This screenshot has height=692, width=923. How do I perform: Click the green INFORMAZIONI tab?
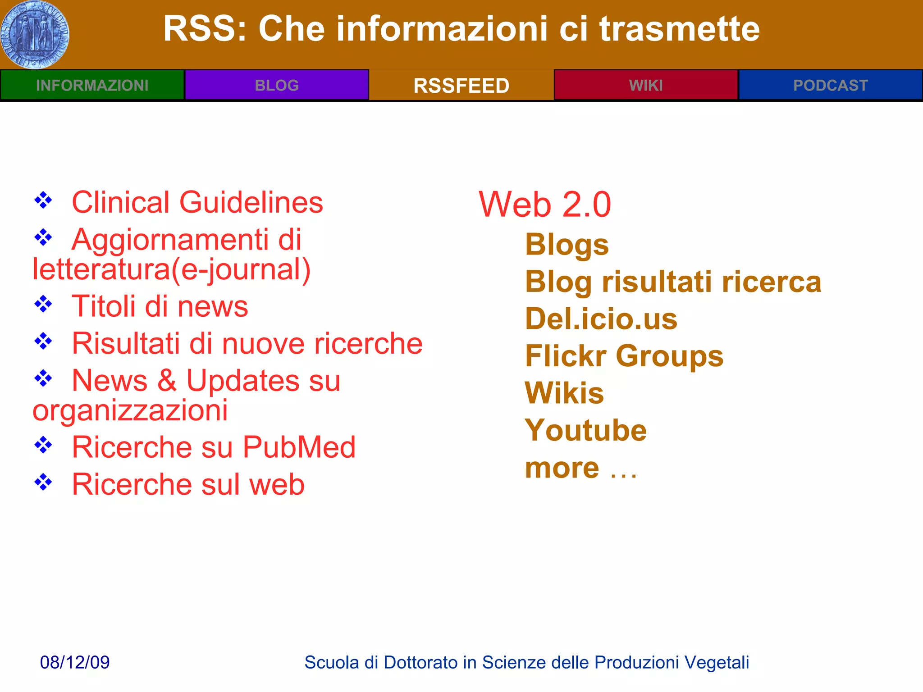point(92,85)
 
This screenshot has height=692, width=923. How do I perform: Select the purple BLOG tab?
point(277,85)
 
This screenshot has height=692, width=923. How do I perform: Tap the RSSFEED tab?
point(461,86)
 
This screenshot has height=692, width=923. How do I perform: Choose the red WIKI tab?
point(646,85)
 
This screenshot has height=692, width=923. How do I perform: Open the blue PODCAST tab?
point(830,85)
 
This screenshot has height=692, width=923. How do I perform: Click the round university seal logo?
point(35,35)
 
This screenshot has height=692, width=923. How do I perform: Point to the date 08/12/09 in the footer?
point(75,662)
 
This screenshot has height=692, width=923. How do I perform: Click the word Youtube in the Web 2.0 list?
point(586,430)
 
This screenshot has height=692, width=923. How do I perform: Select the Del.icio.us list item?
point(601,319)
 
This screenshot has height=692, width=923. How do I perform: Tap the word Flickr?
point(566,356)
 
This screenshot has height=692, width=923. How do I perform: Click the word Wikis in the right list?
point(564,393)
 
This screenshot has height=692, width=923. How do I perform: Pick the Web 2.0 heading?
point(544,205)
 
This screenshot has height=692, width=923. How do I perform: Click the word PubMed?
point(299,447)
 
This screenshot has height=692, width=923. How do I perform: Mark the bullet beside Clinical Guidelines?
point(43,200)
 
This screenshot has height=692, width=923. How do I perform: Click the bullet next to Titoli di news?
point(43,304)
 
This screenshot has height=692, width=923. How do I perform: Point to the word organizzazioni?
point(130,410)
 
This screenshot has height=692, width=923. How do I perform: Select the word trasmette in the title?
point(679,29)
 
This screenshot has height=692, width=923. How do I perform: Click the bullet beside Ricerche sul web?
point(43,482)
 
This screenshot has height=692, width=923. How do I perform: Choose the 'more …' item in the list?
point(581,468)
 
